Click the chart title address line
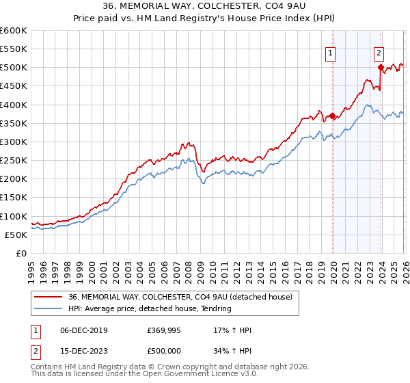point(205,7)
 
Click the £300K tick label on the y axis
point(14,142)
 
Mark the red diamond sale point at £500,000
point(381,67)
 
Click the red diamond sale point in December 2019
point(333,116)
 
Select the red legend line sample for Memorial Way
point(49,297)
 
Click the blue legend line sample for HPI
point(49,308)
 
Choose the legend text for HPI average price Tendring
point(150,308)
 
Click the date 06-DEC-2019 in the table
point(81,330)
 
